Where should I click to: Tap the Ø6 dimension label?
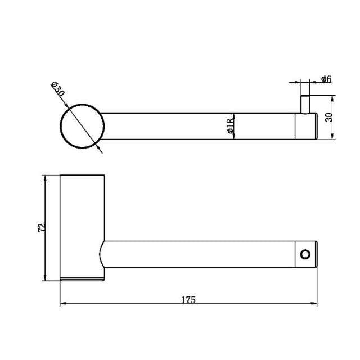click(x=326, y=79)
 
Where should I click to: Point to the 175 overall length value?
click(x=188, y=300)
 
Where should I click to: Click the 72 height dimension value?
click(x=39, y=228)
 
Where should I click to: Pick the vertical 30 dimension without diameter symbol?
click(x=329, y=118)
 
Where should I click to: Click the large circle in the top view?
click(x=82, y=126)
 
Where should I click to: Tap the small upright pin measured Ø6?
click(x=304, y=104)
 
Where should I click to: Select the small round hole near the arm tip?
click(x=305, y=254)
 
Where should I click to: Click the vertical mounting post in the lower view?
click(x=82, y=225)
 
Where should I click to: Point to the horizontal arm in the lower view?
click(x=197, y=254)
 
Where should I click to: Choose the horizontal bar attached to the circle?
click(x=197, y=126)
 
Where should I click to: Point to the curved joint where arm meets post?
click(x=102, y=254)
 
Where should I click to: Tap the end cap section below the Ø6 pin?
click(x=307, y=126)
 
